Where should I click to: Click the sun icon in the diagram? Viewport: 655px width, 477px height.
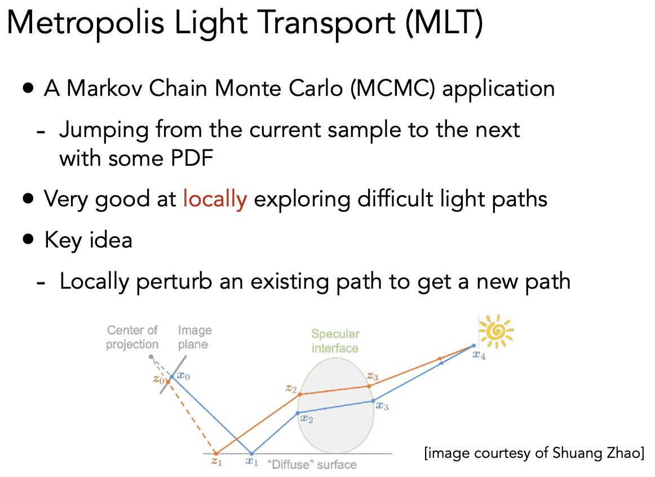tap(496, 332)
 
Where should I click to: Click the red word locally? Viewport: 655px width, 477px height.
tap(215, 199)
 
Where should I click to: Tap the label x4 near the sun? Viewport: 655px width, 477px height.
tap(479, 355)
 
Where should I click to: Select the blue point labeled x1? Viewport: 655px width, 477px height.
tap(251, 453)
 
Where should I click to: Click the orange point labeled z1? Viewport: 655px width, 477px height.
tap(216, 453)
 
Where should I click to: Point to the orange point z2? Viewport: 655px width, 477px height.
tap(300, 394)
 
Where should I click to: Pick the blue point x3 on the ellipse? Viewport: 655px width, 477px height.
tap(373, 401)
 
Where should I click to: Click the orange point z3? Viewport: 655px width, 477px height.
tap(369, 386)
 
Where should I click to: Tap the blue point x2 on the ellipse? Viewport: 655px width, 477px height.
tap(298, 413)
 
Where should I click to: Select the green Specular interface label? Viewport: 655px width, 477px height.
tap(335, 341)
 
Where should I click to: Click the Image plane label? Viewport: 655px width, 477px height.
tap(194, 337)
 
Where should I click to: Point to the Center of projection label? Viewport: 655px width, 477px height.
tap(132, 337)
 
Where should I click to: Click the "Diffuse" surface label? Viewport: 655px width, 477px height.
tap(312, 465)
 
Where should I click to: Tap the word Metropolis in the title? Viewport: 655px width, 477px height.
tap(86, 23)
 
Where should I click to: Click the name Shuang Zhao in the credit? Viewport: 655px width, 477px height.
tap(596, 453)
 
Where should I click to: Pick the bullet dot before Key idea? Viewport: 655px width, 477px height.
tap(28, 239)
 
